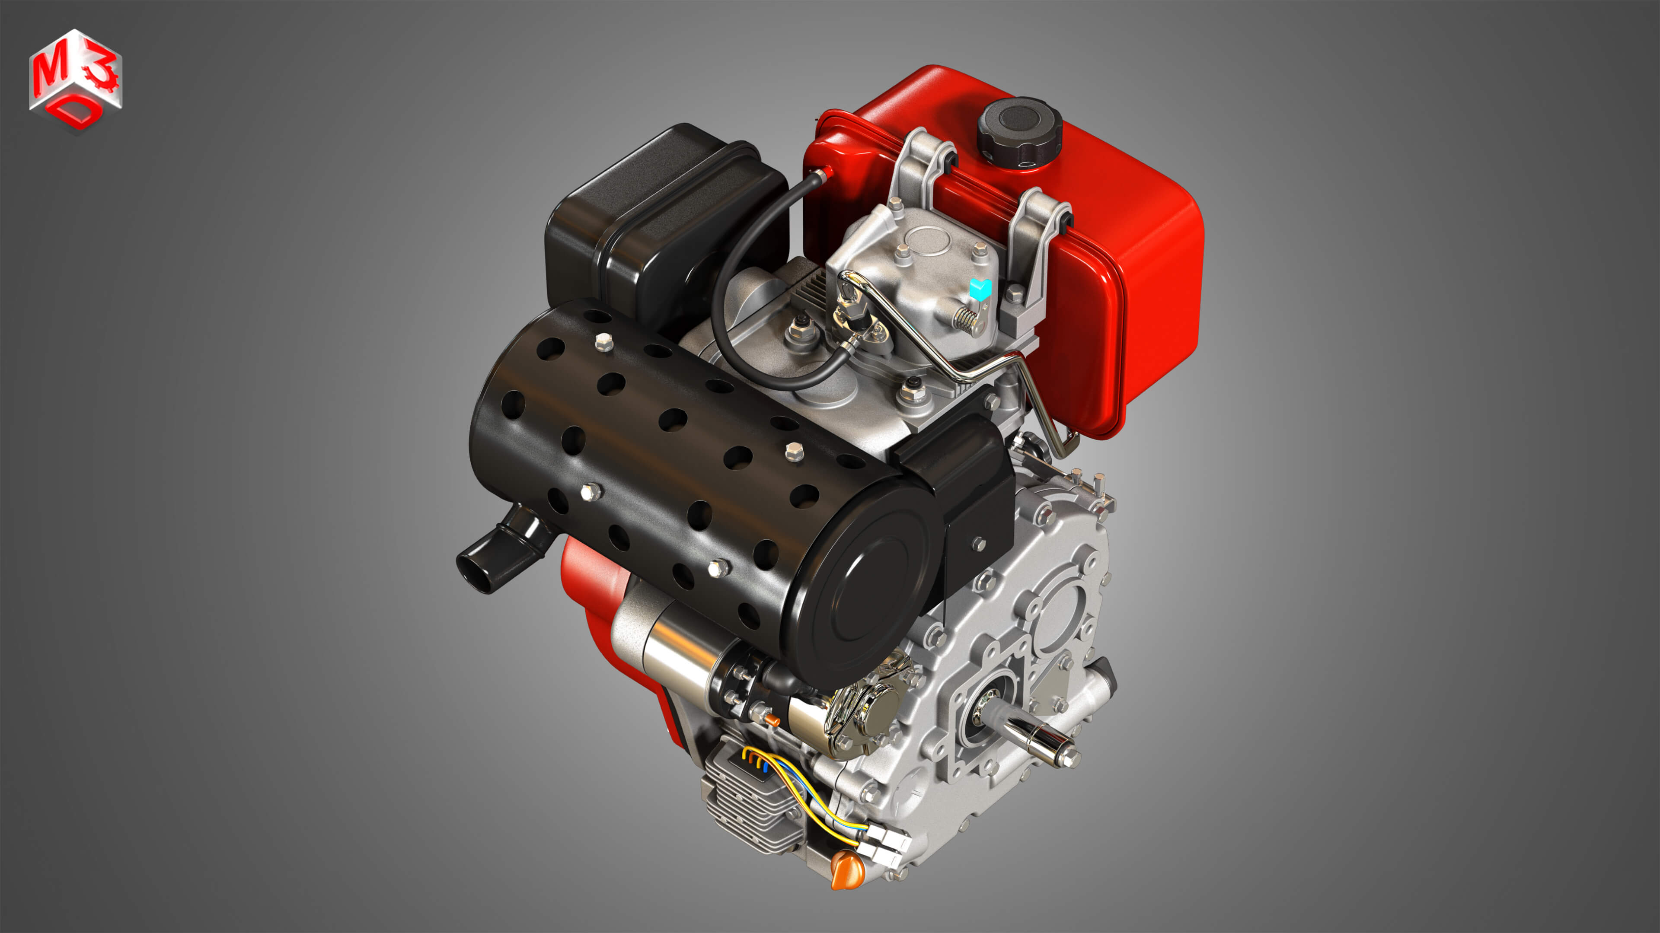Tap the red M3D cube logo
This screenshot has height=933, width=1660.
pyautogui.click(x=75, y=80)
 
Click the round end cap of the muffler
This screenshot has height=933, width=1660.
pyautogui.click(x=864, y=586)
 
